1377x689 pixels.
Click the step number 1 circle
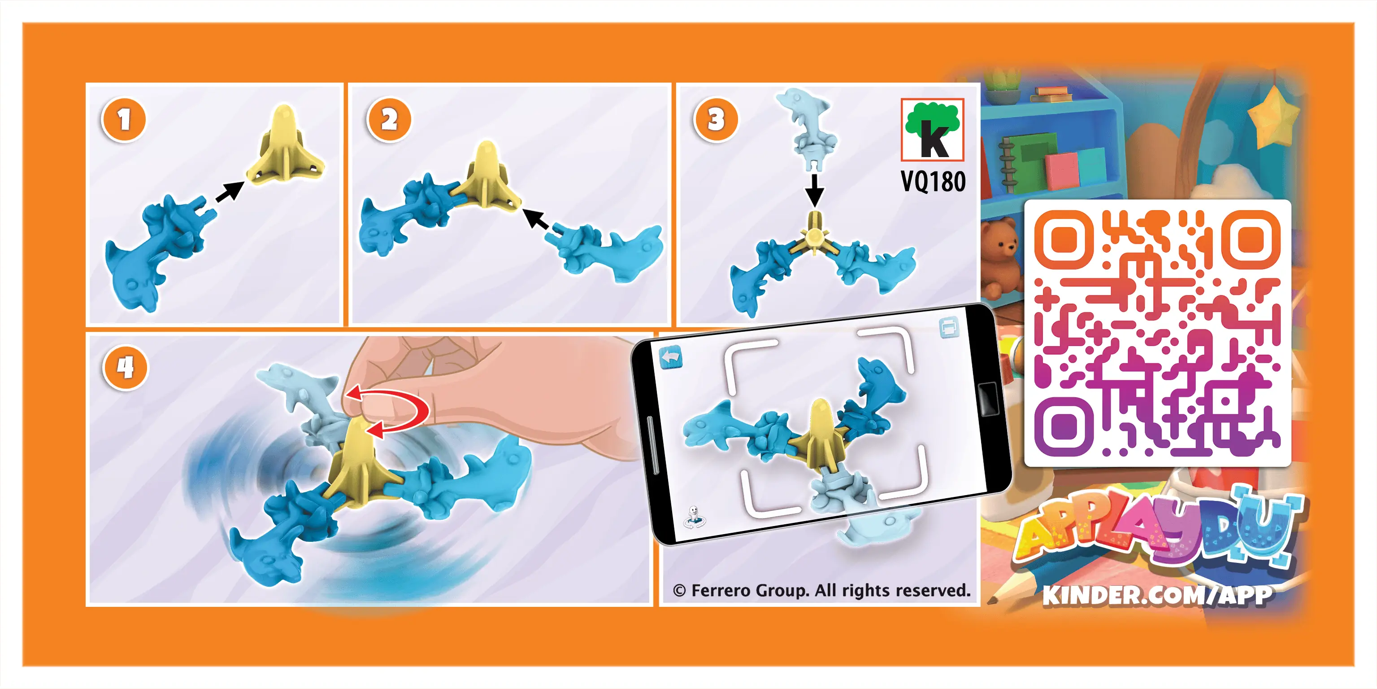(124, 120)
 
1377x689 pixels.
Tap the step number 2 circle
(389, 119)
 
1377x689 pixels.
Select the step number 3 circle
(716, 119)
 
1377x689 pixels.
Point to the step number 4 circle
(126, 368)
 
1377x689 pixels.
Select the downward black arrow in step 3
(814, 189)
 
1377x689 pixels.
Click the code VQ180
(934, 181)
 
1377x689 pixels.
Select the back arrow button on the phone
(671, 357)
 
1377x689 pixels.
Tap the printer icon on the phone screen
(949, 327)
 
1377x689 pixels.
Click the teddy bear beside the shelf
(999, 257)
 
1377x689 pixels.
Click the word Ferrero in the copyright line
(721, 591)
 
